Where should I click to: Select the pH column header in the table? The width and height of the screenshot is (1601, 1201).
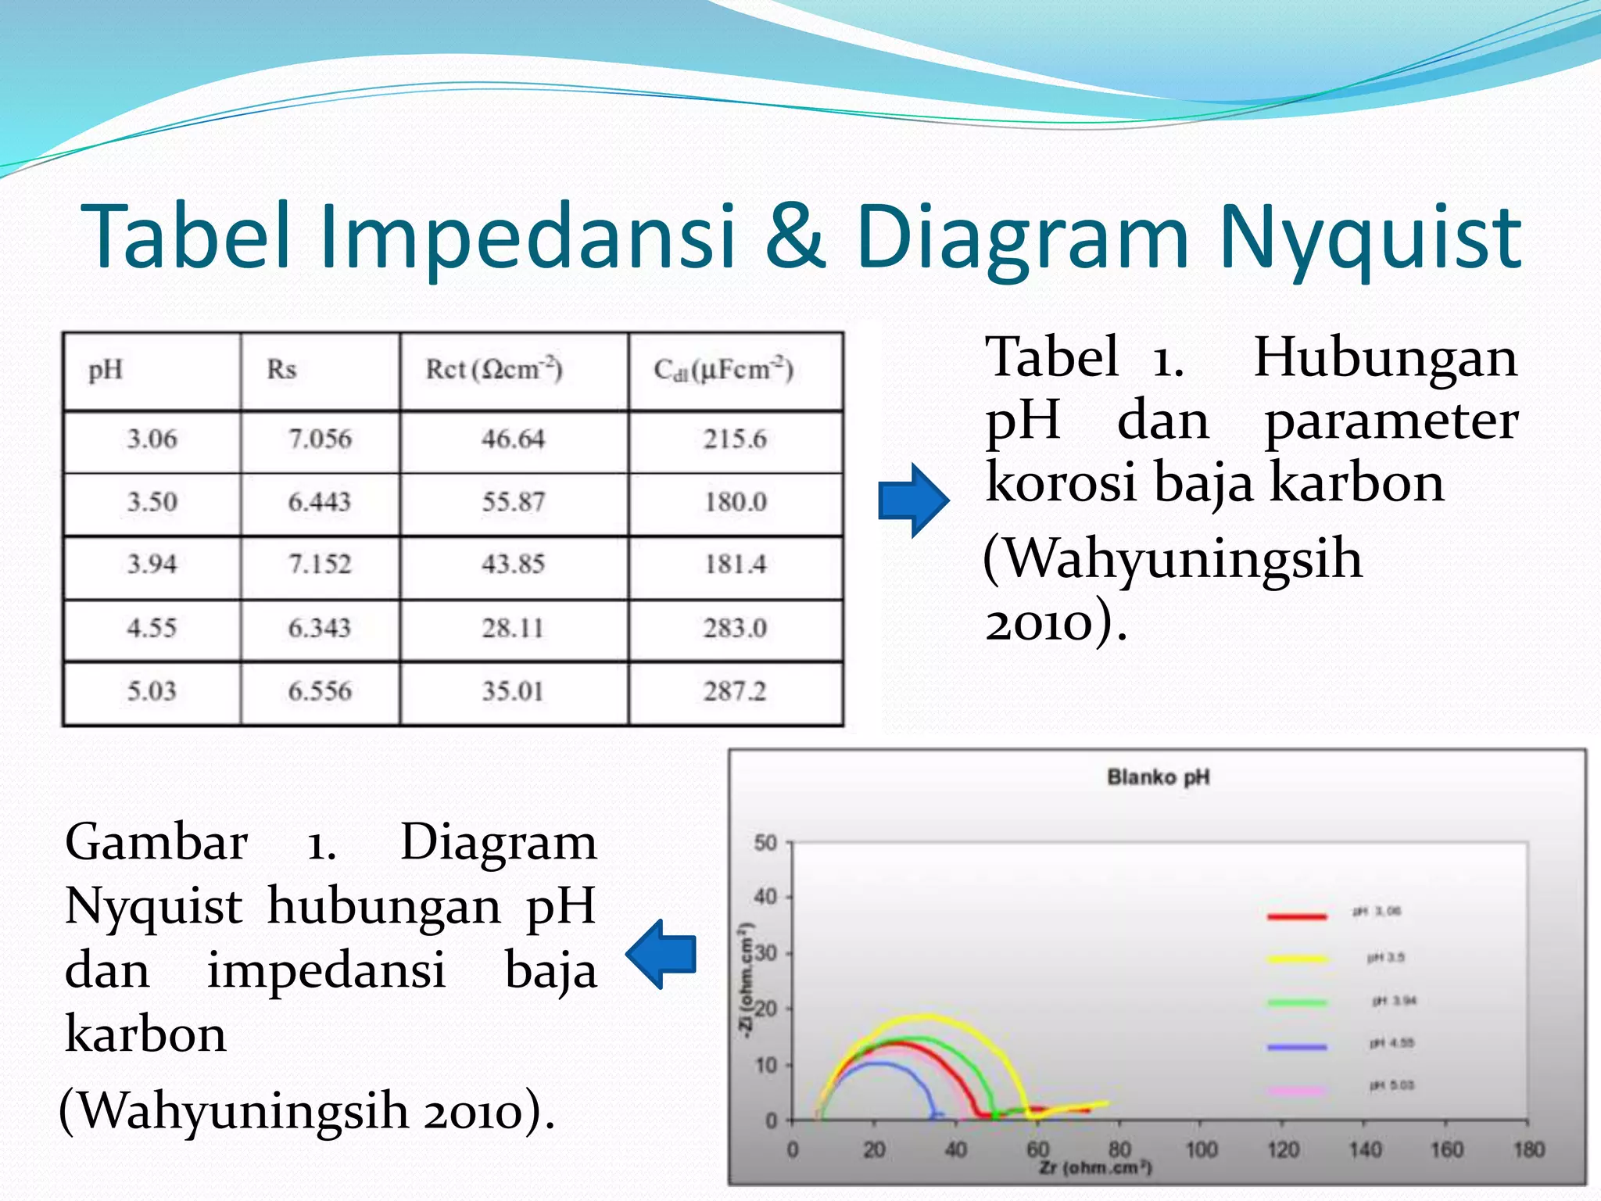(x=106, y=369)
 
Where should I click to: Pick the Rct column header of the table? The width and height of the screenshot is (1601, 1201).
(x=493, y=369)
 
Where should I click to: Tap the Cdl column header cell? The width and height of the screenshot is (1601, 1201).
(x=723, y=369)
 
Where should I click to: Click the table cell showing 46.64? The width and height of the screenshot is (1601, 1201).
(x=513, y=439)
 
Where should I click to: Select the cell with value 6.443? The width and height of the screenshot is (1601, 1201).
(x=319, y=502)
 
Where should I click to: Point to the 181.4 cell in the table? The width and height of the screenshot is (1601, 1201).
(x=735, y=565)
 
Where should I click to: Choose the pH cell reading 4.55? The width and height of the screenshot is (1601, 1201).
(x=152, y=628)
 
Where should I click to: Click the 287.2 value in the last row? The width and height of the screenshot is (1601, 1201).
(x=735, y=691)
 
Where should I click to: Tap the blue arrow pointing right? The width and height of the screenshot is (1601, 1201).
(x=913, y=500)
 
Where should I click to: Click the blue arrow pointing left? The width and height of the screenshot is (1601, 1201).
(x=661, y=954)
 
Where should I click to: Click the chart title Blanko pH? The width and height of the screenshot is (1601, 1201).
(x=1158, y=777)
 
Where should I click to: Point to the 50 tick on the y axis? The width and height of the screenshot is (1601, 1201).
(x=765, y=843)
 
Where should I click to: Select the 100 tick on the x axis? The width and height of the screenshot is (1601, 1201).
(x=1202, y=1149)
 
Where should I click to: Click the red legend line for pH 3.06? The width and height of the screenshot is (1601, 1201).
(x=1297, y=916)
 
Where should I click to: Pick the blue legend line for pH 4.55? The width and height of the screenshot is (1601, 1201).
(x=1297, y=1046)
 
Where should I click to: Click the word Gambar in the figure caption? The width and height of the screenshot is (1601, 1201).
(x=156, y=843)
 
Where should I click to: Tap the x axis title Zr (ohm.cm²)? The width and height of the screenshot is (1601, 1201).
(x=1095, y=1167)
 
